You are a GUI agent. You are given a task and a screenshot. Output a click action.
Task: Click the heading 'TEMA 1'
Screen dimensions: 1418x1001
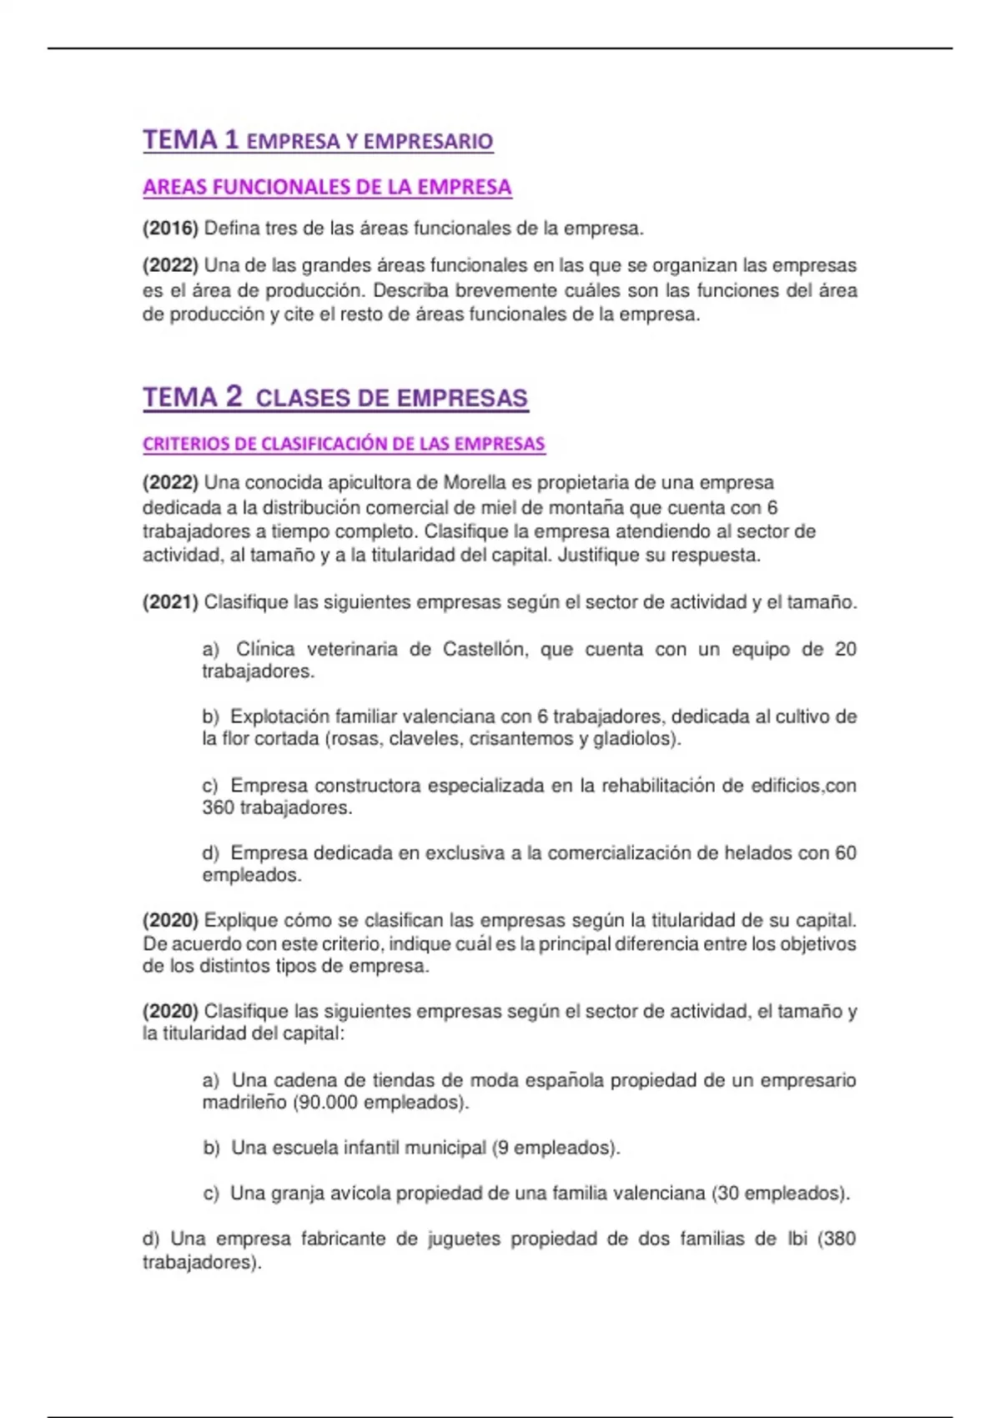(191, 139)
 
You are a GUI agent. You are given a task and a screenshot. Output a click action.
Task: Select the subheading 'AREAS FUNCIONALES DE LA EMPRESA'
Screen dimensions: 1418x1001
(327, 187)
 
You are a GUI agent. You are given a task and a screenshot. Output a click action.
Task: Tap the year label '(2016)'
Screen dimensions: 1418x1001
(170, 228)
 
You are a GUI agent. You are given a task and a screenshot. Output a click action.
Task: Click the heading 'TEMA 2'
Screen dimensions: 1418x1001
(193, 396)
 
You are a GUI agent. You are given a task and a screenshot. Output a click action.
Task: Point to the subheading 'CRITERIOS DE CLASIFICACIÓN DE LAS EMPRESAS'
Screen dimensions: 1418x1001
(344, 444)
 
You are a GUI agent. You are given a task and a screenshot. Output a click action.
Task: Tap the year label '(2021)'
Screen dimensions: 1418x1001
(170, 602)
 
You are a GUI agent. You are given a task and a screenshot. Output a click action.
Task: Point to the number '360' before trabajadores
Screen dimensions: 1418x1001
(218, 807)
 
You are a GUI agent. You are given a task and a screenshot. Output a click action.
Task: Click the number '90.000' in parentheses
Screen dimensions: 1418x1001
(328, 1102)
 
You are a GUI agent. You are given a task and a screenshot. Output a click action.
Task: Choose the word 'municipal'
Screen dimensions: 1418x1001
(446, 1148)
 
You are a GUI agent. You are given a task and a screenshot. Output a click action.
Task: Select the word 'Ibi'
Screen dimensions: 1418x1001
(797, 1239)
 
